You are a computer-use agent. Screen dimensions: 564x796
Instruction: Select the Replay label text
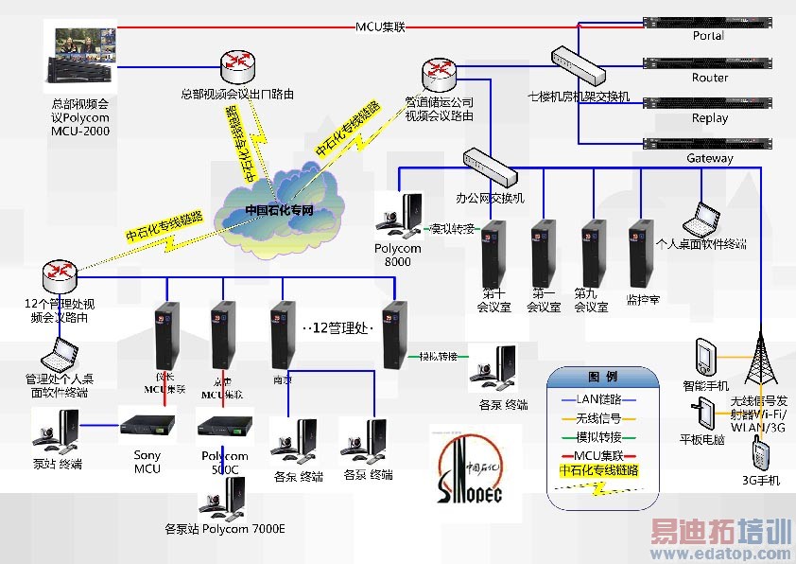[x=710, y=118]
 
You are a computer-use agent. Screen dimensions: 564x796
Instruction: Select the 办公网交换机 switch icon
[x=491, y=167]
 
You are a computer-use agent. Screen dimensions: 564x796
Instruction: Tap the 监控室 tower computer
[x=641, y=253]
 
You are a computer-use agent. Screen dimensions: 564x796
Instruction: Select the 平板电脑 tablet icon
[x=702, y=413]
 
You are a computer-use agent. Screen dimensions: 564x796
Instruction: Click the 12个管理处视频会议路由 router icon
[x=60, y=274]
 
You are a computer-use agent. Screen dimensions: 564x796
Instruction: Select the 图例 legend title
[x=604, y=377]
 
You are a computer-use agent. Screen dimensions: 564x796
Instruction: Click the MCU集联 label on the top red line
[x=380, y=27]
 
